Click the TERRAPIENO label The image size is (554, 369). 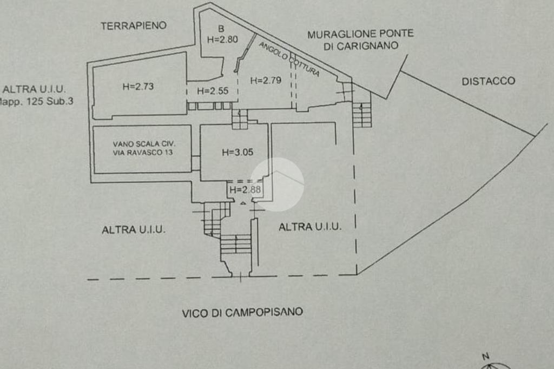(x=134, y=25)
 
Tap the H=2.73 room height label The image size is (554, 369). (x=138, y=85)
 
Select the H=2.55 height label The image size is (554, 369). (x=213, y=91)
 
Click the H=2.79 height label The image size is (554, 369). (x=266, y=81)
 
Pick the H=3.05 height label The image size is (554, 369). (x=238, y=152)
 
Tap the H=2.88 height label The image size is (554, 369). (x=246, y=189)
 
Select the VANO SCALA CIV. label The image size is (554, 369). (x=144, y=144)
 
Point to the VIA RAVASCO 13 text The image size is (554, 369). (x=144, y=153)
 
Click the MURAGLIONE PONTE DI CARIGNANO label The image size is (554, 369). (x=360, y=40)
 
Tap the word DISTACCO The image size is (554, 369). (x=488, y=81)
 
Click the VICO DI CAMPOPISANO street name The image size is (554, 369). (x=242, y=312)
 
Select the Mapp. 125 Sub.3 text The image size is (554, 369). (x=36, y=101)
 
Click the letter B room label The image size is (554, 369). (x=221, y=28)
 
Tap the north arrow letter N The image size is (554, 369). (x=485, y=356)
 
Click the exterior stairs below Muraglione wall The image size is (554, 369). (x=362, y=114)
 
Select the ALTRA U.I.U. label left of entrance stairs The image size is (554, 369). (x=134, y=230)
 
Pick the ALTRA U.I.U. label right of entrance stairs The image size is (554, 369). (x=310, y=227)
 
